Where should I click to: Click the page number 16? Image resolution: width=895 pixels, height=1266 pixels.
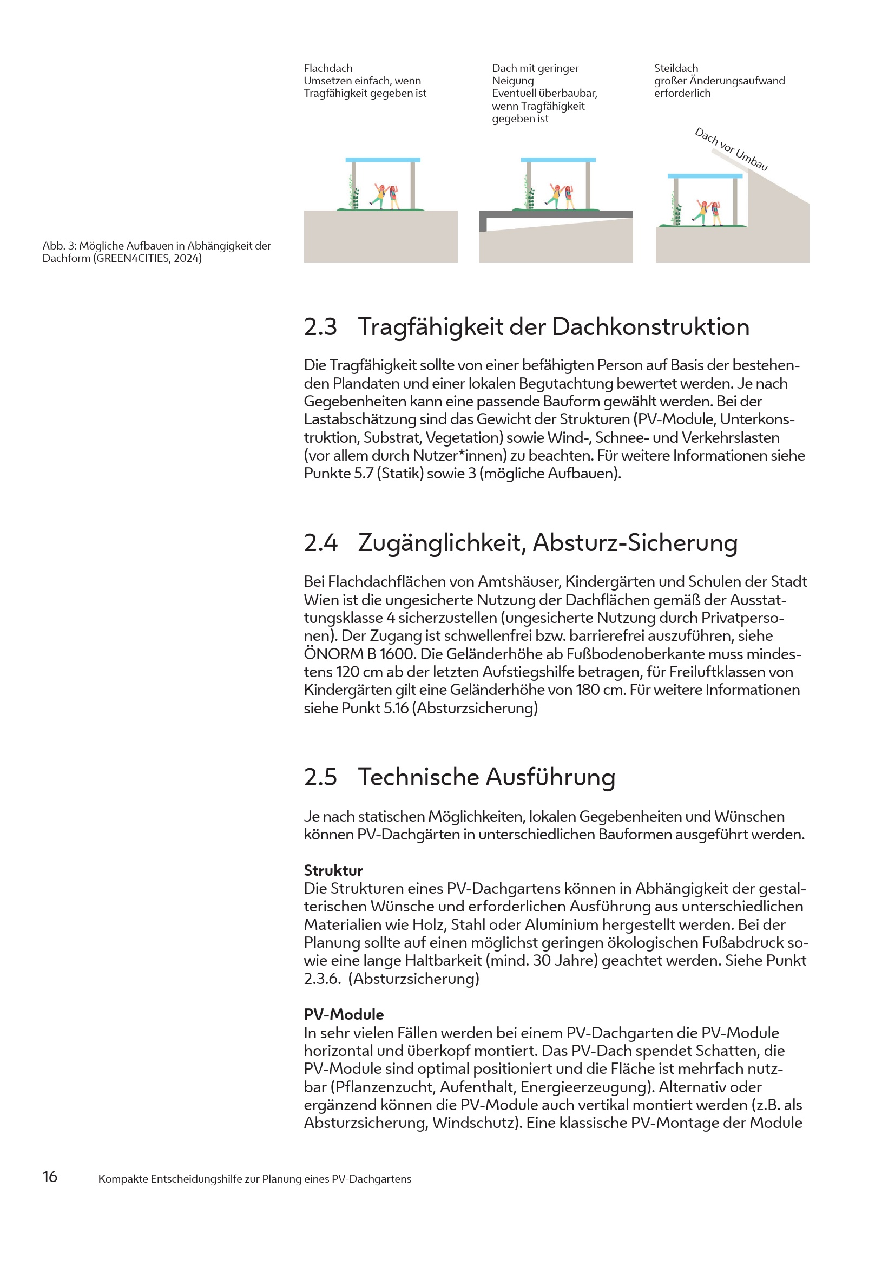pyautogui.click(x=50, y=1176)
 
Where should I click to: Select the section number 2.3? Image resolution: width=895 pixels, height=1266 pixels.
pyautogui.click(x=320, y=327)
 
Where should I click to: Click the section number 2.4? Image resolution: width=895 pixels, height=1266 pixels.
pyautogui.click(x=321, y=542)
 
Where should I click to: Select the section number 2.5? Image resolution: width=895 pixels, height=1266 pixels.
pyautogui.click(x=320, y=777)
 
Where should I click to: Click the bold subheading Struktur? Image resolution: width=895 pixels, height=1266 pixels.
pyautogui.click(x=333, y=870)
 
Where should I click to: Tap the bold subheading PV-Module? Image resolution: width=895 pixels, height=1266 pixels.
pyautogui.click(x=344, y=1014)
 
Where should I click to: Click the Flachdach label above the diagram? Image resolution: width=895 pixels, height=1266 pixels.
pyautogui.click(x=328, y=68)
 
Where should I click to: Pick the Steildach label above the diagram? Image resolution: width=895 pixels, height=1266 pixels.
pyautogui.click(x=676, y=68)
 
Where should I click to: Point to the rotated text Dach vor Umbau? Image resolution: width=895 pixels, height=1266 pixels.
pyautogui.click(x=731, y=149)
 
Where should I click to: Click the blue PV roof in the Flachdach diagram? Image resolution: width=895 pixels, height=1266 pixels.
pyautogui.click(x=383, y=160)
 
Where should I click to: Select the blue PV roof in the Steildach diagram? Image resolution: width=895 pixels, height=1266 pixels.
pyautogui.click(x=705, y=176)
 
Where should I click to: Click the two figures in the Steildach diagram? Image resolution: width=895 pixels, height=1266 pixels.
pyautogui.click(x=709, y=213)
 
